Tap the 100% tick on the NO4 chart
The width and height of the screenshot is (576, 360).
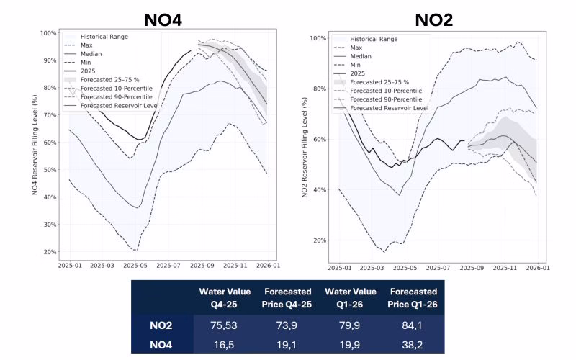pyautogui.click(x=49, y=33)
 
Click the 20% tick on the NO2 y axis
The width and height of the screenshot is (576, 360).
pyautogui.click(x=319, y=240)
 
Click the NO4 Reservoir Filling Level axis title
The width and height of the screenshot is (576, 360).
pyautogui.click(x=35, y=144)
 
